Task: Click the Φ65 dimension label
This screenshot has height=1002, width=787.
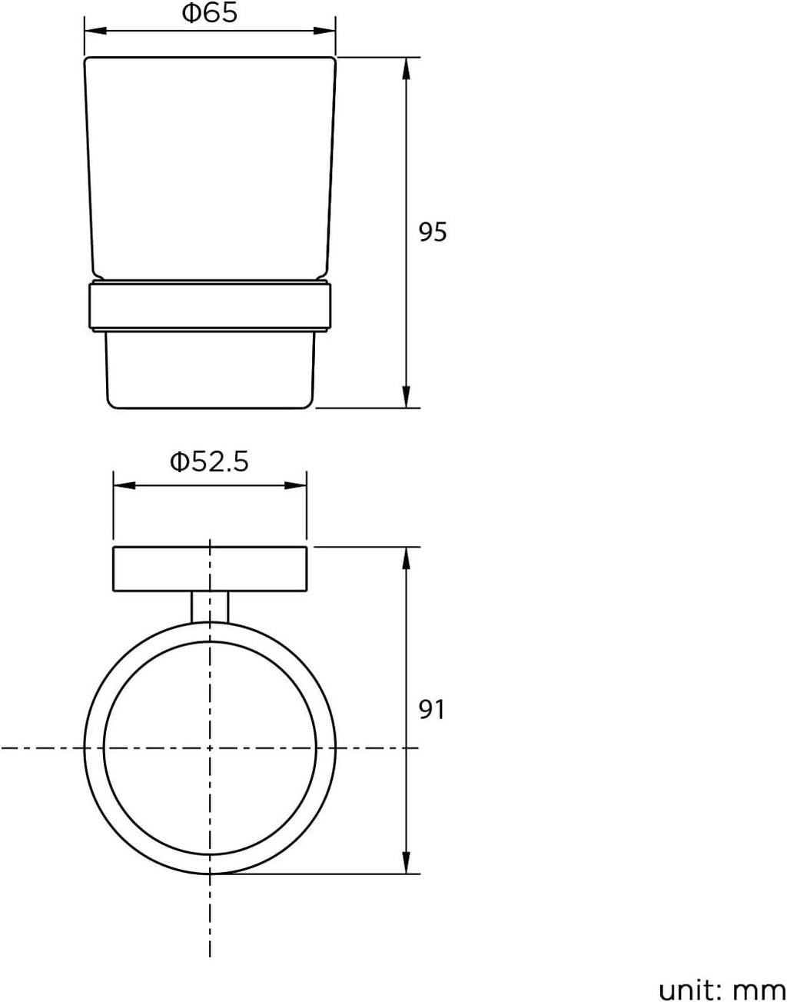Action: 209,14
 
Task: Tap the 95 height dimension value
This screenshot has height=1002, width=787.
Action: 432,231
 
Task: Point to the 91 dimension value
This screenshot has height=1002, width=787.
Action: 432,709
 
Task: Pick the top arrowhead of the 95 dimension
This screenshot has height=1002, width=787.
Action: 406,68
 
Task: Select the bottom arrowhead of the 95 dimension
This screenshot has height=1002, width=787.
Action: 406,396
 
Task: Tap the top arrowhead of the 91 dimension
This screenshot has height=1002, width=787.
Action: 406,558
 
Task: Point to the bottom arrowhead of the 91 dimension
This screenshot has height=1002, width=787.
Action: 406,863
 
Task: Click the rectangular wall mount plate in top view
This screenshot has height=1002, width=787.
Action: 154,569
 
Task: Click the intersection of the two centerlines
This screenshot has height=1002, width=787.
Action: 210,747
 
